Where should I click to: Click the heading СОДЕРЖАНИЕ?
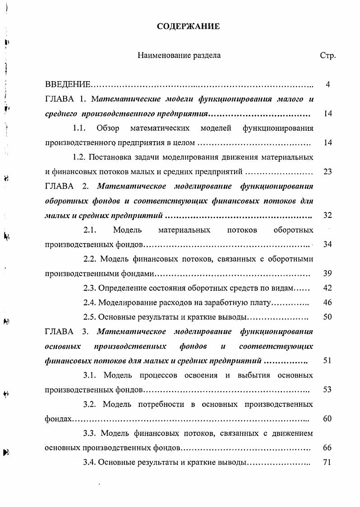coord(188,27)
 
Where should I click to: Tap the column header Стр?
coord(328,56)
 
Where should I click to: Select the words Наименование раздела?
coord(179,56)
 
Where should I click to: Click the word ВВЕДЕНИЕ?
coord(69,85)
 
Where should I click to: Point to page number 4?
coord(328,85)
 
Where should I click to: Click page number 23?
coord(328,172)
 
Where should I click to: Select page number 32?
coord(328,215)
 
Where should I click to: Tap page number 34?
coord(328,244)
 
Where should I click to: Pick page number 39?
coord(328,273)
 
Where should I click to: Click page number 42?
coord(328,288)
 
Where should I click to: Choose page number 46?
coord(328,302)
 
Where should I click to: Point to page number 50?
coord(328,317)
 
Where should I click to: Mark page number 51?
coord(328,360)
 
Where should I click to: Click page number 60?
coord(328,419)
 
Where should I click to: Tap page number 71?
coord(328,462)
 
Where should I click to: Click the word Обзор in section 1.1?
coord(108,129)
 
